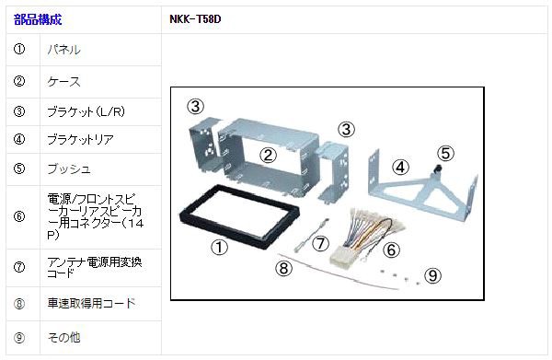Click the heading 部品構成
(x=38, y=19)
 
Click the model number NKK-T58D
(x=195, y=19)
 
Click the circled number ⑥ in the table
(x=19, y=216)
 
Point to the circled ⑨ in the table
(x=19, y=338)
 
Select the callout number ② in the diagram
(x=268, y=156)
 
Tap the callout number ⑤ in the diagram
(x=445, y=153)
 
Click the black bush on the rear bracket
(x=439, y=169)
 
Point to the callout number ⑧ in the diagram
(x=283, y=269)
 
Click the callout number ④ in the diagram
(x=400, y=168)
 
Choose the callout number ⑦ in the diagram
(x=320, y=243)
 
